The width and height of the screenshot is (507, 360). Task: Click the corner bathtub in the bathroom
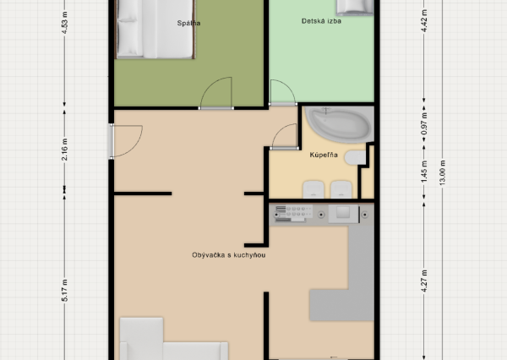pos(336,124)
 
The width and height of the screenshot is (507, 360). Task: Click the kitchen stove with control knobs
pos(293,215)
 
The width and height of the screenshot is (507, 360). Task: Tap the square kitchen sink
pos(341,215)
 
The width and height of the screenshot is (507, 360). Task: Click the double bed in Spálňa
pos(157,30)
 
